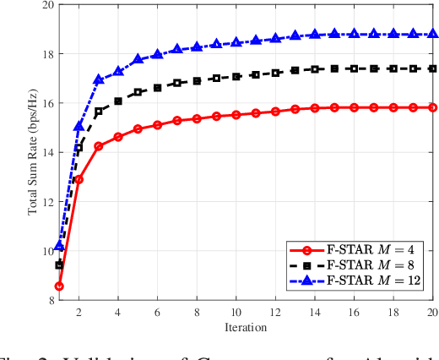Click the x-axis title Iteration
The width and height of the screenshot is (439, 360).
click(247, 327)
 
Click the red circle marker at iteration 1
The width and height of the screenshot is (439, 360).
click(59, 286)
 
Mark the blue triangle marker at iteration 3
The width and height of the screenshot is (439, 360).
click(99, 79)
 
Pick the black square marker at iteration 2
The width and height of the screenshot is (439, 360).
click(79, 148)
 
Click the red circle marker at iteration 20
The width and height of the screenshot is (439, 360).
click(433, 107)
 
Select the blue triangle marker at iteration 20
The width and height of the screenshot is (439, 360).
click(433, 34)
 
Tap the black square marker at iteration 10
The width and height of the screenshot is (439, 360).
click(236, 76)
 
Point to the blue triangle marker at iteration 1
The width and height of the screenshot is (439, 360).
click(59, 246)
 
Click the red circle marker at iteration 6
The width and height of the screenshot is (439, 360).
click(158, 125)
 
